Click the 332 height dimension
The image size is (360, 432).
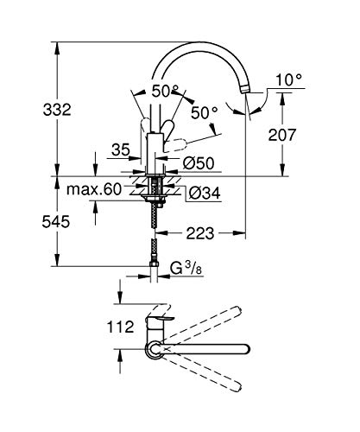coord(28,110)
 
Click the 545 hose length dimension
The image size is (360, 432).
coord(28,222)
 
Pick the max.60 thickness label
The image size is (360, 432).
coord(93,189)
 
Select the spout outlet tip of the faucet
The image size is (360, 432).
coord(249,88)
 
